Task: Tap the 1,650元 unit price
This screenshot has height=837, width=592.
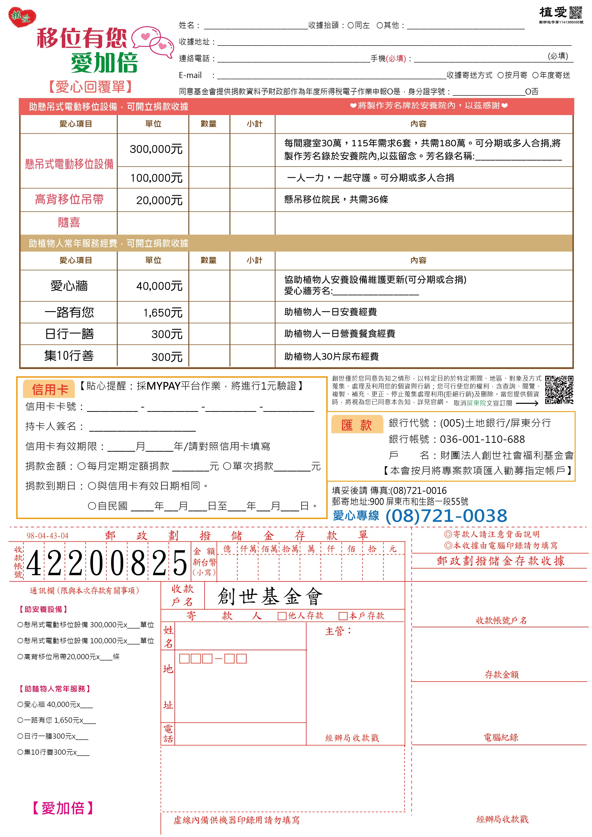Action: pos(163,313)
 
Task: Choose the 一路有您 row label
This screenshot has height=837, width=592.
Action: pos(69,312)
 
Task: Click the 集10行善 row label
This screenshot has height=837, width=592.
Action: pos(69,356)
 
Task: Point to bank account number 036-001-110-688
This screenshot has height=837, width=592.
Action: pos(482,439)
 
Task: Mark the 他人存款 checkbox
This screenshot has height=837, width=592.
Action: pos(282,616)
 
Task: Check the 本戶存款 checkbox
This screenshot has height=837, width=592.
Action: pos(343,616)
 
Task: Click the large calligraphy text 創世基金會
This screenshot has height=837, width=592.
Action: pos(270,597)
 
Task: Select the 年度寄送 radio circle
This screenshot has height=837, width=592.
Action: pos(535,75)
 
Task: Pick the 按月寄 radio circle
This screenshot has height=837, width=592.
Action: pos(500,75)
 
